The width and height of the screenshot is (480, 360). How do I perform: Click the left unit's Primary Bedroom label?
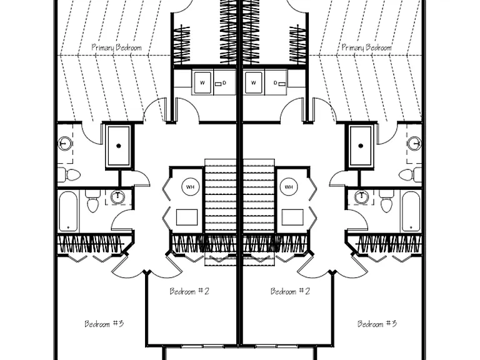click(117, 47)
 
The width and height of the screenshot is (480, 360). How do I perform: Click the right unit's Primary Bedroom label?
click(366, 47)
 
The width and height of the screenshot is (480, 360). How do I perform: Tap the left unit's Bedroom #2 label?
click(189, 291)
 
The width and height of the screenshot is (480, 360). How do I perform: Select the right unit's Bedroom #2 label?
click(290, 291)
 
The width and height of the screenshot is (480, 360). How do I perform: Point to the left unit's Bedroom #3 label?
click(104, 324)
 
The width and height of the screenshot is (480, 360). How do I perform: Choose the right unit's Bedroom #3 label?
click(377, 324)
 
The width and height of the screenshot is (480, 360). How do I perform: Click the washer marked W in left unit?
click(202, 82)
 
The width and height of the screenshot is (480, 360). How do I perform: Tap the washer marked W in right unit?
click(253, 82)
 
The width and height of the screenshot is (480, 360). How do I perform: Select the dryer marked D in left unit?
click(224, 82)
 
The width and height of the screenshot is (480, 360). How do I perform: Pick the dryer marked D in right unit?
click(276, 82)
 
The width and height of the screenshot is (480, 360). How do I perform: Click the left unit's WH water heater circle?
click(190, 187)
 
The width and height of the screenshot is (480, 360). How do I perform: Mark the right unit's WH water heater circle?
click(289, 187)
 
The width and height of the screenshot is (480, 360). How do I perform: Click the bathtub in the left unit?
click(68, 211)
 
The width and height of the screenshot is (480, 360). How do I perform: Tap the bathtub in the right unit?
click(411, 211)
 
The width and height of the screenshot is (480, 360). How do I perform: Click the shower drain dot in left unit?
click(119, 146)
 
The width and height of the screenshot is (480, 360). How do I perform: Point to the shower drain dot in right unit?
click(361, 146)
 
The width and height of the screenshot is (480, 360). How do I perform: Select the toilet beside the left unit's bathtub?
click(92, 201)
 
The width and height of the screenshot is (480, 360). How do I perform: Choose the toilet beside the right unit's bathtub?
click(386, 201)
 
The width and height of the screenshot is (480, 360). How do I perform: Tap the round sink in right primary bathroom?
click(415, 143)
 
